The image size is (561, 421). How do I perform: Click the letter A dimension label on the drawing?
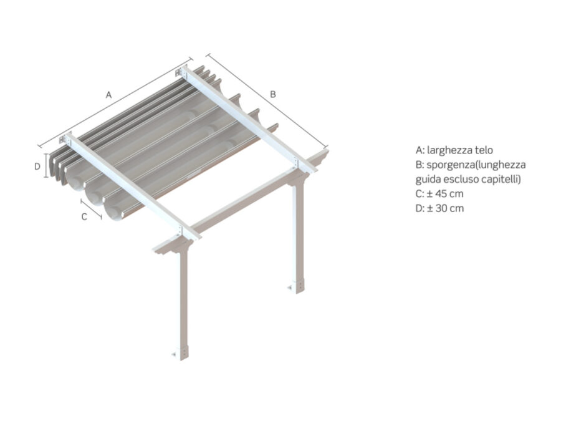pyautogui.click(x=108, y=95)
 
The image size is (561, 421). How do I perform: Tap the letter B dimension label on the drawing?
pyautogui.click(x=273, y=94)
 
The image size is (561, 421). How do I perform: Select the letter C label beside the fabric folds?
pyautogui.click(x=84, y=216)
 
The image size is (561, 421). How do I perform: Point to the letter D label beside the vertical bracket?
pyautogui.click(x=37, y=167)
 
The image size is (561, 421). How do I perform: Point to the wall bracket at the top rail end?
pyautogui.click(x=180, y=72)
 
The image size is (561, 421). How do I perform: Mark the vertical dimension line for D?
pyautogui.click(x=46, y=165)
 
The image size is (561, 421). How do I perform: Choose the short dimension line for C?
pyautogui.click(x=91, y=209)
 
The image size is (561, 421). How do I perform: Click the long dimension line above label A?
pyautogui.click(x=115, y=102)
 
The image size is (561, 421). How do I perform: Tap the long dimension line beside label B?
pyautogui.click(x=267, y=101)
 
